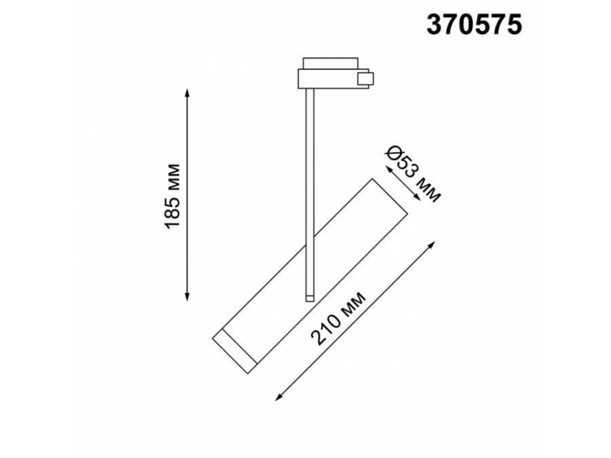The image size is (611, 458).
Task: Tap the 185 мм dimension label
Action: pyautogui.click(x=174, y=195)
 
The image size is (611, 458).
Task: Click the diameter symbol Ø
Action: pyautogui.click(x=392, y=155)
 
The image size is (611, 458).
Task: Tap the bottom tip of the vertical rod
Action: pyautogui.click(x=310, y=299)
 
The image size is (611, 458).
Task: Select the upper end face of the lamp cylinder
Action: pyautogui.click(x=388, y=197)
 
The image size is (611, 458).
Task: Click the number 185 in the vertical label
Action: pyautogui.click(x=174, y=210)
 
